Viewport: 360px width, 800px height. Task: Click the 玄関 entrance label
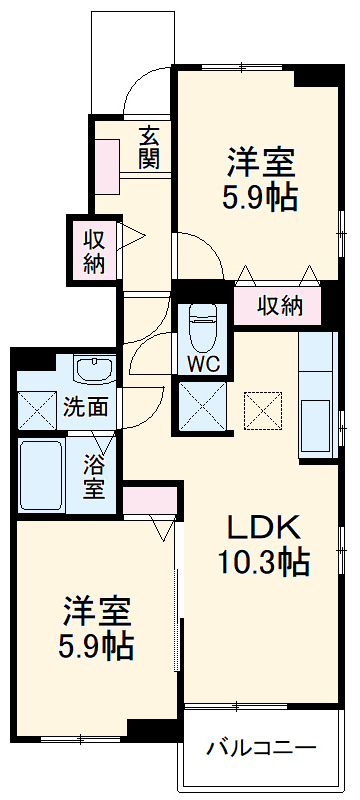148,146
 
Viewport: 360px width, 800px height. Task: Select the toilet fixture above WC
203,322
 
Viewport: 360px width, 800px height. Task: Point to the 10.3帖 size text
263,562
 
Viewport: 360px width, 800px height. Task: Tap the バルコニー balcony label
261,747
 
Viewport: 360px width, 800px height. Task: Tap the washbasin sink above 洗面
92,371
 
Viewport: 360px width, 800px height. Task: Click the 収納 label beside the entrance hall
93,251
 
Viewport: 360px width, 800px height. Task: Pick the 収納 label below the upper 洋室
279,305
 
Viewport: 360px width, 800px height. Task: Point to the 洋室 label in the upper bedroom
258,160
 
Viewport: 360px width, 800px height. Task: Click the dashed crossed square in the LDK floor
263,408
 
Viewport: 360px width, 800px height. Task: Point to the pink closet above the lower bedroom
150,498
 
